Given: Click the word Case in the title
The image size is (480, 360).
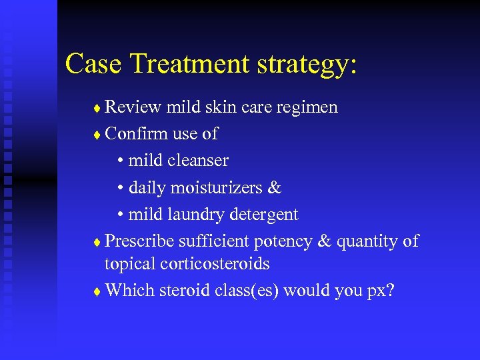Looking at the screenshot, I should point(93,63).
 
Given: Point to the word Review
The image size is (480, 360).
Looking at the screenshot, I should point(134,107).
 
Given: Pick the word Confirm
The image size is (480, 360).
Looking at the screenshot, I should point(137,134).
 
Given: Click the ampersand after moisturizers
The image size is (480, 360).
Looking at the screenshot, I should point(275,187).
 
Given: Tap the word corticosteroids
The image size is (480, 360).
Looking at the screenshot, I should point(215,264).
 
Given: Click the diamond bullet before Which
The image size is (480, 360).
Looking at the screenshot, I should point(97,291).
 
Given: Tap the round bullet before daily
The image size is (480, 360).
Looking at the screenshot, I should point(121,188).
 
